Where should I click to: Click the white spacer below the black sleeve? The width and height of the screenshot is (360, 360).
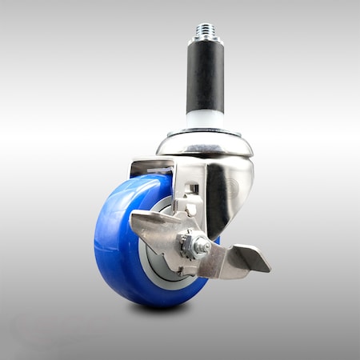[206, 119]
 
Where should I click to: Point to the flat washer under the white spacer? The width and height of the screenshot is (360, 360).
[206, 130]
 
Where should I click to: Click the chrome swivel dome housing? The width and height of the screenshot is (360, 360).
[205, 144]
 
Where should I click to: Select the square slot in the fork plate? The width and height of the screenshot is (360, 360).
[193, 189]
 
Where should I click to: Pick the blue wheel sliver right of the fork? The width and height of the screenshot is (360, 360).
[216, 238]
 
